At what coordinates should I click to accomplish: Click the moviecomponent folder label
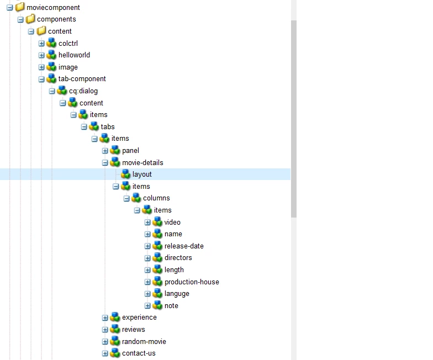[53, 7]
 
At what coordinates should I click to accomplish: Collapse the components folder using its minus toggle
[20, 19]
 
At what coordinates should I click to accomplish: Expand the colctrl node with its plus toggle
[41, 43]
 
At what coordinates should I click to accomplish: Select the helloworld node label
[74, 55]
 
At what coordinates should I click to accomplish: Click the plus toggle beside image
[41, 67]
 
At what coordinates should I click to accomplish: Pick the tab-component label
[82, 79]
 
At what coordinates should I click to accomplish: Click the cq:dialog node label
[83, 91]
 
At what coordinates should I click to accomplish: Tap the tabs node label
[107, 127]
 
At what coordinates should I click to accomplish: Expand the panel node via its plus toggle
[105, 151]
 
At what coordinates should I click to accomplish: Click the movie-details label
[142, 163]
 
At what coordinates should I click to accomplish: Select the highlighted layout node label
[142, 174]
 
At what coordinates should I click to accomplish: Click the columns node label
[156, 198]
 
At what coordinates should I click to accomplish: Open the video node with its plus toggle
[147, 223]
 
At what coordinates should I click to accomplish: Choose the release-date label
[184, 246]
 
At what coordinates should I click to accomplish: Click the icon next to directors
[157, 258]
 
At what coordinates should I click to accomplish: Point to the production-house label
[192, 282]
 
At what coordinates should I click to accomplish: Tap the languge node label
[177, 294]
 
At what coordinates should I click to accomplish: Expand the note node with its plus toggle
[147, 306]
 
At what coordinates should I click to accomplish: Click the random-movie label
[144, 342]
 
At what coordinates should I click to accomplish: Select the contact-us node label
[139, 353]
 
